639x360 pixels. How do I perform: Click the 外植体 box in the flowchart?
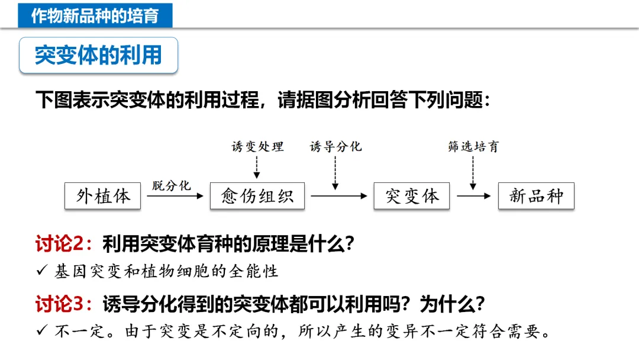(102, 196)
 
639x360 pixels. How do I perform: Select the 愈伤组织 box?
(257, 196)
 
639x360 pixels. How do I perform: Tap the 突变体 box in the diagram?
(412, 196)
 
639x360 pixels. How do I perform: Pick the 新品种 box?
(536, 196)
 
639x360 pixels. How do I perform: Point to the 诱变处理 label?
(257, 146)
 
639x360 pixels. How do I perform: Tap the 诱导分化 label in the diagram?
(335, 146)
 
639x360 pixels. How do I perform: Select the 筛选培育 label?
(473, 146)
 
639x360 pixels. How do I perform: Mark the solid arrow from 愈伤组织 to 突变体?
(339, 196)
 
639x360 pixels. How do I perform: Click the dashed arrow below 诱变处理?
(257, 167)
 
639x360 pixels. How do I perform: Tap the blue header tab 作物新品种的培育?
(95, 15)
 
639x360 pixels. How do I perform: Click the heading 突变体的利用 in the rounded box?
(98, 55)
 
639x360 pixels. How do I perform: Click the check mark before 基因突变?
(41, 271)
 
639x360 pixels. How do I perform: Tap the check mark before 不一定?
(41, 332)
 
